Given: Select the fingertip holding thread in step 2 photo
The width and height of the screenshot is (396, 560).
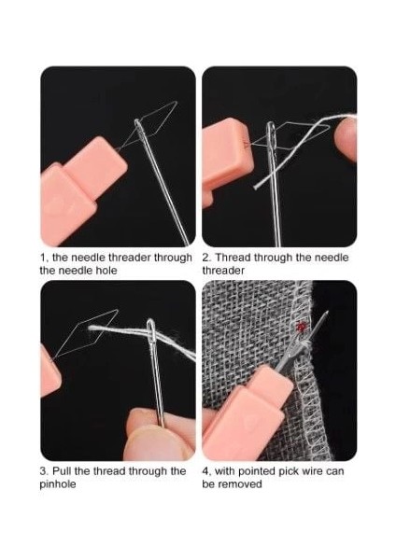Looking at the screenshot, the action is (x=346, y=139).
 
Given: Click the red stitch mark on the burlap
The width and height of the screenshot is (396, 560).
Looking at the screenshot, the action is (x=301, y=326).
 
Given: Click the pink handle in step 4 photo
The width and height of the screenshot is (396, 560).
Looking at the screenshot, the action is (x=247, y=414).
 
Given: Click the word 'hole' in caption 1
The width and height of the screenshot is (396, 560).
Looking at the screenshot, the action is (x=106, y=271).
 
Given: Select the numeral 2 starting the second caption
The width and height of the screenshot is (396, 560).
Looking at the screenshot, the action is (x=205, y=258).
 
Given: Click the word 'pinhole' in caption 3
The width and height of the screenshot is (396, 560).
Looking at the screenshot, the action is (x=58, y=484).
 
